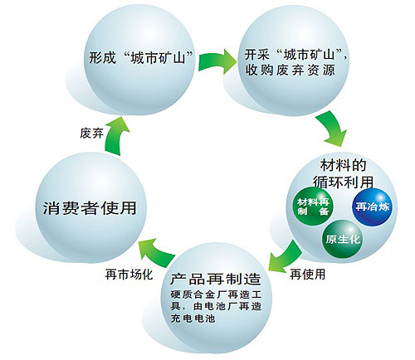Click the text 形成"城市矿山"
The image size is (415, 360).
click(x=140, y=59)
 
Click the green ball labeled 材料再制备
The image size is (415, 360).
click(x=314, y=204)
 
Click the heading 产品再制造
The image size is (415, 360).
click(x=215, y=277)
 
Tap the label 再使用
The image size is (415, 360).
click(x=305, y=273)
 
